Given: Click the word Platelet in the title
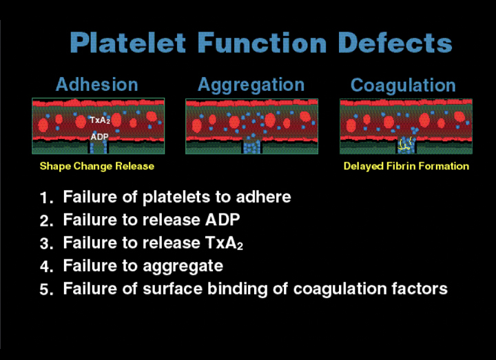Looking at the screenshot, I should click(129, 43).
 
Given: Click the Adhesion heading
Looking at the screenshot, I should click(96, 85).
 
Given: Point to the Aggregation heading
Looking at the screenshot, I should click(251, 85).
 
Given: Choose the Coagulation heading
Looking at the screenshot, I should click(403, 85).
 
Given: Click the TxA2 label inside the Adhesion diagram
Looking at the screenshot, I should click(99, 120).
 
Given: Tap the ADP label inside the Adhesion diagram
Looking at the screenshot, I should click(99, 137).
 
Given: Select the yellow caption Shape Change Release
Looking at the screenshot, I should click(96, 166).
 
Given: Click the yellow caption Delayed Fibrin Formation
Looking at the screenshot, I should click(406, 166).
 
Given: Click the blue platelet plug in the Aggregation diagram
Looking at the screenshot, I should click(251, 145).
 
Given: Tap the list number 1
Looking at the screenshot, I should click(46, 198).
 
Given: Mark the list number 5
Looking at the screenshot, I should click(46, 290).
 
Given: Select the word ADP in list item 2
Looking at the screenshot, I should click(224, 220).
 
